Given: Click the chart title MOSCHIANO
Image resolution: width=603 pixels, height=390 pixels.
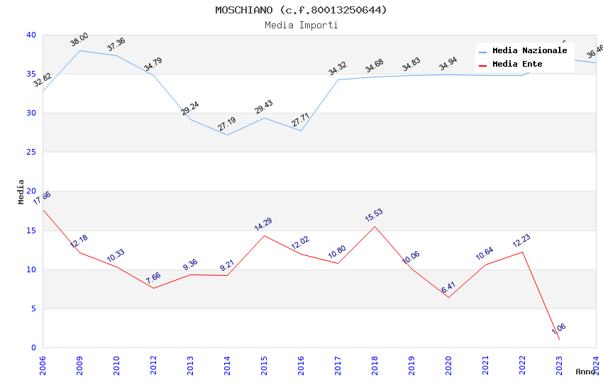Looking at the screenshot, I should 301,10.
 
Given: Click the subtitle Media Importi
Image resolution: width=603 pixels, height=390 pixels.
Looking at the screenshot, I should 301,26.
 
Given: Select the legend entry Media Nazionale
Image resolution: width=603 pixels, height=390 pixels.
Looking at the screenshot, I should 529,51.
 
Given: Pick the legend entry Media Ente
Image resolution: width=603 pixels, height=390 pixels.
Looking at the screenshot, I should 517,65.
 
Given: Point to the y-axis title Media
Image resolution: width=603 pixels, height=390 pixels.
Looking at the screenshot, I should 21,191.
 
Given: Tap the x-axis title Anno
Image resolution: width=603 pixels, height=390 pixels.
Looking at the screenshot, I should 585,372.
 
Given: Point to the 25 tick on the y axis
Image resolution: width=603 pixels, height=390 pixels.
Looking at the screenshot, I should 31,152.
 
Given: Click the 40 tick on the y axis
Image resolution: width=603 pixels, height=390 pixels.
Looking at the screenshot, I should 31,35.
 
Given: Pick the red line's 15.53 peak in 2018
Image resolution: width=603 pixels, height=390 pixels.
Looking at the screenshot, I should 375,226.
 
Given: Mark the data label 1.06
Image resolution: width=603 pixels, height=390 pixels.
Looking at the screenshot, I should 559,329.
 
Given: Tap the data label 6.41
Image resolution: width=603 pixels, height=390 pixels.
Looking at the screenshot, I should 448,287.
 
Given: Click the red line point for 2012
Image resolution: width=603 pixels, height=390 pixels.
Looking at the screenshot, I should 153,288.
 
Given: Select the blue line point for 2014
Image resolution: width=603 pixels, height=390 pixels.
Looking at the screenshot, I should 227,135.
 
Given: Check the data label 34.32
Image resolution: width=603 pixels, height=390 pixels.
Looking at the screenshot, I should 338,69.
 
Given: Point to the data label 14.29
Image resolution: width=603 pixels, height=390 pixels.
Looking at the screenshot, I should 264,225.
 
